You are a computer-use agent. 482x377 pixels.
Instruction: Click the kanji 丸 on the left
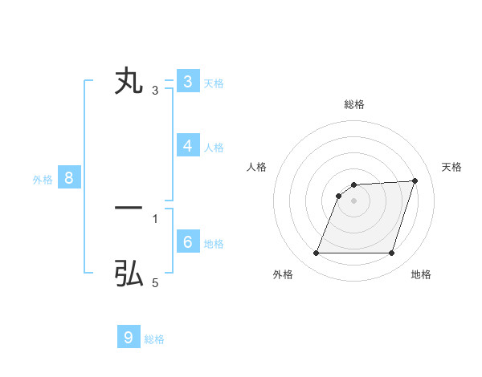[129, 82]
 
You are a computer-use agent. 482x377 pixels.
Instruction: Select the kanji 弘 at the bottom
[129, 274]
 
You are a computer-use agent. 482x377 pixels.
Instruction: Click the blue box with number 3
[187, 82]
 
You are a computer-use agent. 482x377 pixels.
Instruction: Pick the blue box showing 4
[187, 146]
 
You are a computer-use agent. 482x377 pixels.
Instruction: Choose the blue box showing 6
[187, 242]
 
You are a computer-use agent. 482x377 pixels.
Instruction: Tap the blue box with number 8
[68, 179]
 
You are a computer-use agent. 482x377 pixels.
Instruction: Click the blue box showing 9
[129, 338]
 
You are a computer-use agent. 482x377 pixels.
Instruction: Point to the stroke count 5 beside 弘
[155, 283]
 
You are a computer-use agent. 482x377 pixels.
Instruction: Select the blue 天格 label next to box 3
[214, 83]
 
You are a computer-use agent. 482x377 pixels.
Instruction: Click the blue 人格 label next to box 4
[214, 148]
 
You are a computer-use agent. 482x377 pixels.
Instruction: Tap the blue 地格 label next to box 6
[214, 244]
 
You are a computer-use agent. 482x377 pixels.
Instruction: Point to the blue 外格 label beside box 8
[43, 180]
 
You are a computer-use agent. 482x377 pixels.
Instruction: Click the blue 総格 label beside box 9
[154, 339]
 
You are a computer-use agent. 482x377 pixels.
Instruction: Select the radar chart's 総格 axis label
[354, 104]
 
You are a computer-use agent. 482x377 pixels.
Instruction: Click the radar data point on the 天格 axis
[415, 180]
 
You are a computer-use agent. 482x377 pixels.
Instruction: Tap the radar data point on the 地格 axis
[391, 253]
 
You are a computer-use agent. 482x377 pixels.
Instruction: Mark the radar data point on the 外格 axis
[316, 253]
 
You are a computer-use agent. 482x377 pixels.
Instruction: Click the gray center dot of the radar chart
[354, 201]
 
